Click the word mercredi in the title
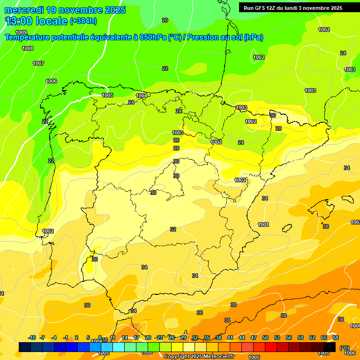coord(24,9)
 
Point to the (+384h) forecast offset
coord(83,21)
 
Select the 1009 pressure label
coord(21,32)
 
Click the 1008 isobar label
coord(28,49)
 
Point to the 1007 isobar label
coord(38,63)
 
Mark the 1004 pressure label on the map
coord(142,96)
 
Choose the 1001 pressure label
coord(263,225)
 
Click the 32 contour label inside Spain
coord(173,229)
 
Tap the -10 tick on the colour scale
coord(32,337)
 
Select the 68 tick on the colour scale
coord(336,337)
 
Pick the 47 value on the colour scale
coord(254,337)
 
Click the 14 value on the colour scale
coord(125,337)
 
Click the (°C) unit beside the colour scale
coord(345,348)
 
